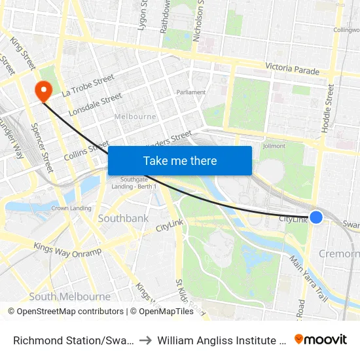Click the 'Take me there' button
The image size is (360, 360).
click(179, 160)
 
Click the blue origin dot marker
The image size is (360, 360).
click(316, 217)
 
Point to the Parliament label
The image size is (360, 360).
click(191, 92)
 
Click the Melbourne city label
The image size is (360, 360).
click(135, 117)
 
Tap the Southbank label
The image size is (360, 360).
click(123, 218)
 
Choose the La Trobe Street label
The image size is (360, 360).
click(88, 86)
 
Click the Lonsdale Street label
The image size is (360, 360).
click(96, 104)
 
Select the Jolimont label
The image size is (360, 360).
click(273, 146)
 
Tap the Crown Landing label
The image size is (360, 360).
click(71, 208)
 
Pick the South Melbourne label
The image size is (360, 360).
click(69, 297)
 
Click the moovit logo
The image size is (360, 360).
click(321, 339)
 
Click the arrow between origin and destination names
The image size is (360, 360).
click(146, 340)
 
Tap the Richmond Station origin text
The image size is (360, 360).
click(74, 340)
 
